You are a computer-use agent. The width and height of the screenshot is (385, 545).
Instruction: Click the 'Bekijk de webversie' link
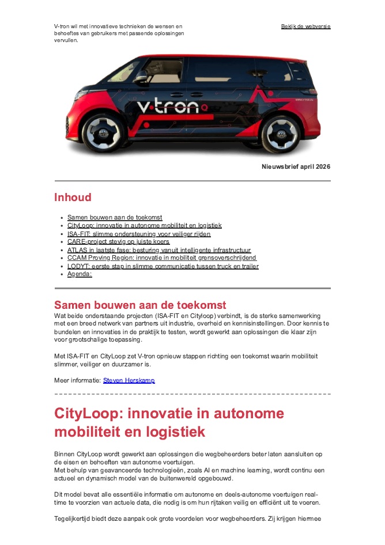point(305,27)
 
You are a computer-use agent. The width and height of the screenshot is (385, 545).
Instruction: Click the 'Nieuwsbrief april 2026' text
point(296,166)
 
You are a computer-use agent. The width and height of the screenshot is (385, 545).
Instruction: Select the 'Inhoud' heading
point(73,198)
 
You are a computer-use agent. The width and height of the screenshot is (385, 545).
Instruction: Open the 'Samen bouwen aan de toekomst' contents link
point(115,217)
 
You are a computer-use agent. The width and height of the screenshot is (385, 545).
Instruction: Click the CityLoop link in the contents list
point(144,225)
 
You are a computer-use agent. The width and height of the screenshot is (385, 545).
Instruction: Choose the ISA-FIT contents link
point(138,234)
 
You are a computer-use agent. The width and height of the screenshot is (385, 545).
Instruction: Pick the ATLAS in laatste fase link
point(158,250)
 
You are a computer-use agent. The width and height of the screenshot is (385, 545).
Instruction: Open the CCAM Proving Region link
point(161,258)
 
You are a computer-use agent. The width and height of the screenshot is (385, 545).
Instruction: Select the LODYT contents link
point(163,266)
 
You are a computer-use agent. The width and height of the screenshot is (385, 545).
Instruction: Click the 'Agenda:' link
point(80,274)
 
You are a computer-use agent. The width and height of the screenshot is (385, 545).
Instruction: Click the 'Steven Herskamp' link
point(129,380)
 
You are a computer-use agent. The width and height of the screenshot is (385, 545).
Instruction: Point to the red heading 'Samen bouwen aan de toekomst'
point(140,305)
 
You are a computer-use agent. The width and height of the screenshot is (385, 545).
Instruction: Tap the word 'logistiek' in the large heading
point(173,432)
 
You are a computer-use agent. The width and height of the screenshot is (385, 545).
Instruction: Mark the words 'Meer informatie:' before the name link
point(77,380)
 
